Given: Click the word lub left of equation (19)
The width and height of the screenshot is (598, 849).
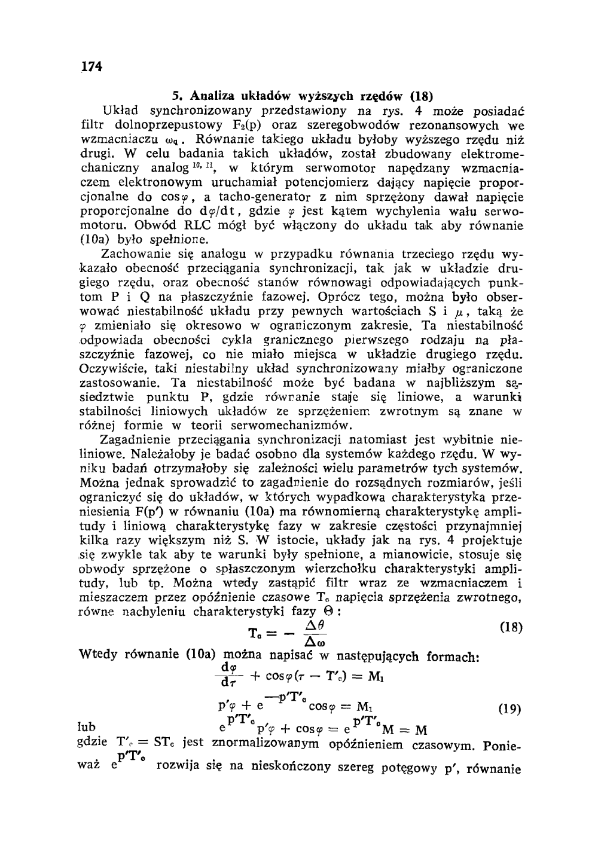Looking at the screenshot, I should pyautogui.click(x=87, y=728).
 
